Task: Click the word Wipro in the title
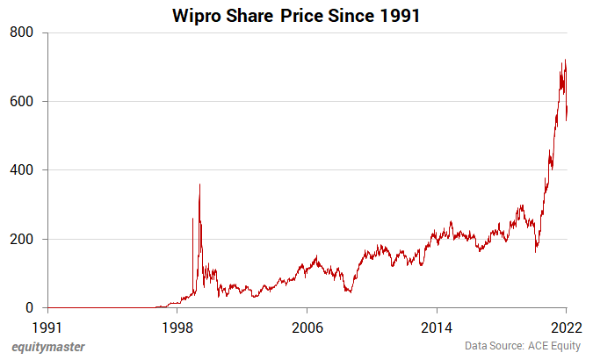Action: click(199, 15)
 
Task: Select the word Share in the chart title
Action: click(251, 15)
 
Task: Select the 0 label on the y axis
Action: click(29, 308)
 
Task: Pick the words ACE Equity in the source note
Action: click(553, 347)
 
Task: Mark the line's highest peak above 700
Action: click(565, 61)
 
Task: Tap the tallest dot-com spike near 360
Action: click(199, 184)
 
